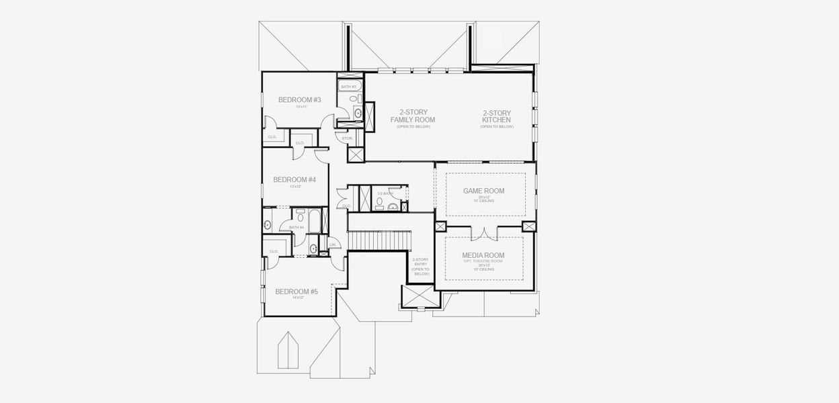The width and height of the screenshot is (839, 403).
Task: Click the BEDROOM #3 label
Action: pos(299,100)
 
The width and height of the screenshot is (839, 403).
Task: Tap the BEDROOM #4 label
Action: pos(294,179)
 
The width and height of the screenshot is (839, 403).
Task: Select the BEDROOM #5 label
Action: pos(296,292)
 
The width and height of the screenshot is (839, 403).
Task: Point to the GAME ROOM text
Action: pos(483,191)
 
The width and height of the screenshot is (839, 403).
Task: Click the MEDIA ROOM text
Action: pos(483,255)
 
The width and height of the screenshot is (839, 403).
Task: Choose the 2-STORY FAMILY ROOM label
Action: pos(413,116)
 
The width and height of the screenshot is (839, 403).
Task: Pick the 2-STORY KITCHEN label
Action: pos(497,116)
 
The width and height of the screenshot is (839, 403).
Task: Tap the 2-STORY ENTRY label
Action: pos(421,266)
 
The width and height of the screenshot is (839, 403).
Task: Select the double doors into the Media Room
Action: pos(483,232)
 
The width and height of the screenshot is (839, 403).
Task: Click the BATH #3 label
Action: pos(348,87)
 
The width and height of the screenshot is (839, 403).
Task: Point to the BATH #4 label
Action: pos(296,228)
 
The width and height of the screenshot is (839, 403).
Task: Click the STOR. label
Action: pos(347,138)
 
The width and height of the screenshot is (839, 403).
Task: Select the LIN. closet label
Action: pos(333,245)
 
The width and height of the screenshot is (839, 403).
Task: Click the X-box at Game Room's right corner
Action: pos(528,227)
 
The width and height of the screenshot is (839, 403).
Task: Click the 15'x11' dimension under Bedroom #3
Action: pos(299,107)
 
